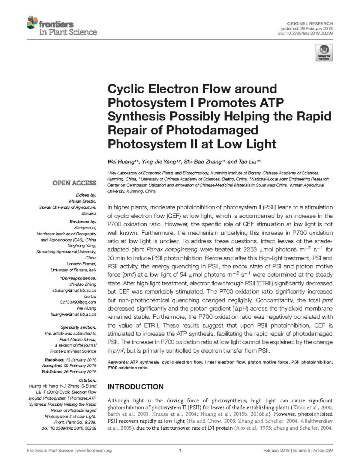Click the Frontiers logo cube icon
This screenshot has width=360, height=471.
pyautogui.click(x=32, y=23)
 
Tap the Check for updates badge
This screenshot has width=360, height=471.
pyautogui.click(x=324, y=52)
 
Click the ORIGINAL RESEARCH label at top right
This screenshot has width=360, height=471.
pyautogui.click(x=310, y=24)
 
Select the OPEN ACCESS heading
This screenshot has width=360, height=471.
pyautogui.click(x=74, y=183)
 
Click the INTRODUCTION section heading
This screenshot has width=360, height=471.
pyautogui.click(x=135, y=387)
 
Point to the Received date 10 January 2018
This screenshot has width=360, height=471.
pyautogui.click(x=81, y=360)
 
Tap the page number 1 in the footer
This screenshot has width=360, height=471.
pyautogui.click(x=180, y=451)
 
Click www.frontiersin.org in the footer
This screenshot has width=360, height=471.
pyautogui.click(x=94, y=451)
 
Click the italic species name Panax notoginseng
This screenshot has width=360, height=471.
pyautogui.click(x=172, y=249)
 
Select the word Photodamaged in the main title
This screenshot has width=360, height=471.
pyautogui.click(x=212, y=130)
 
